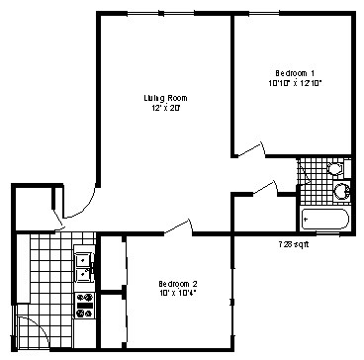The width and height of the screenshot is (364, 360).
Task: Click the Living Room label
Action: tap(165, 98)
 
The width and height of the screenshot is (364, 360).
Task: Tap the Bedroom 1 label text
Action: tap(296, 73)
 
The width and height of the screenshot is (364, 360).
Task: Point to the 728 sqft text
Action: tap(293, 243)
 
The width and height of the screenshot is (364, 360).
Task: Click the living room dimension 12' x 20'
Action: tap(165, 108)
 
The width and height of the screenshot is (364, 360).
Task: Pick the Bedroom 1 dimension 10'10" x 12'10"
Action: tap(296, 83)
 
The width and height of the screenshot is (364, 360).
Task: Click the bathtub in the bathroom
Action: tap(324, 217)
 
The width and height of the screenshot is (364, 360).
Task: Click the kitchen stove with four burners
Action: tap(85, 305)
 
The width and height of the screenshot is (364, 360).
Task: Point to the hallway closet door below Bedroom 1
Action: tap(263, 187)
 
